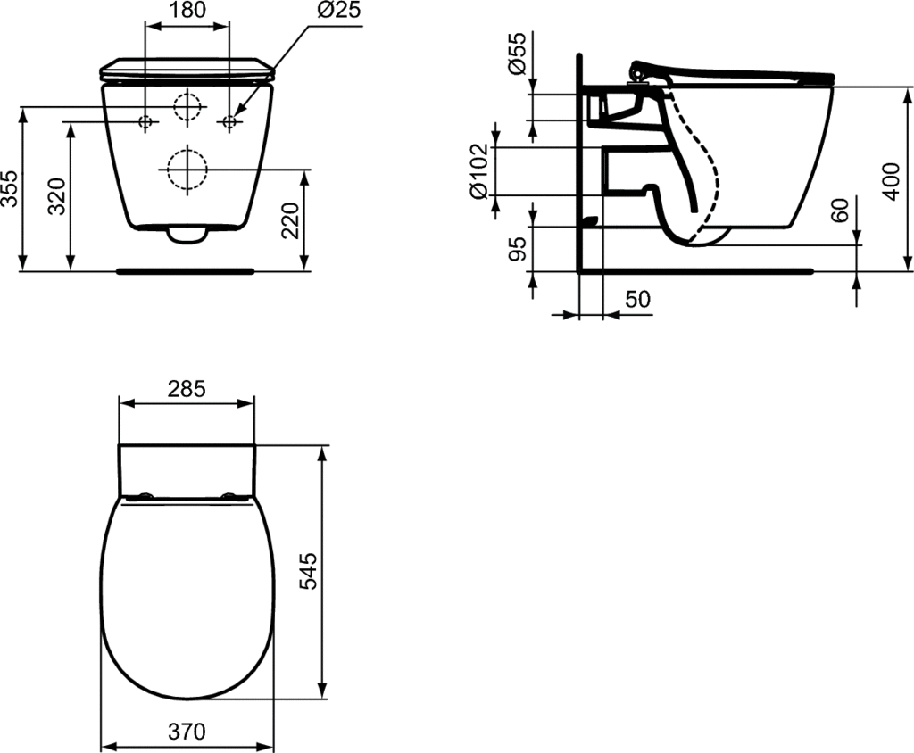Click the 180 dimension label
pos(187,10)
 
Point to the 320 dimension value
pos(56,195)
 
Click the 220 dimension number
pos(290,220)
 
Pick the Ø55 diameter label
pos(517,54)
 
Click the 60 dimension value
pos(839,210)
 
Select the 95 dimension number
pos(517,249)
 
